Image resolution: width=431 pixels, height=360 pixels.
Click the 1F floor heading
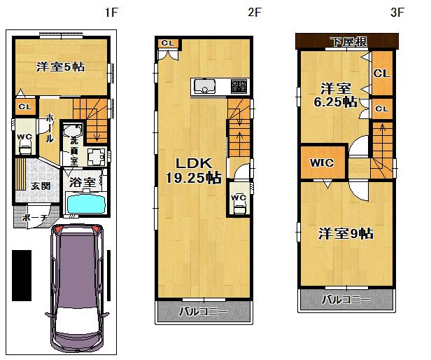click(x=110, y=12)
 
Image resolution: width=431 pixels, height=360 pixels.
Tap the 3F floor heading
click(x=397, y=12)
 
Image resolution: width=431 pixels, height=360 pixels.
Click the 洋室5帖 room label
click(x=61, y=67)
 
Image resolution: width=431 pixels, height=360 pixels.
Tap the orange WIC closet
click(x=322, y=163)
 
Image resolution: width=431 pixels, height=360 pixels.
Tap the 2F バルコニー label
click(x=203, y=311)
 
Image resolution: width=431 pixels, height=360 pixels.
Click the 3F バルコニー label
click(x=346, y=300)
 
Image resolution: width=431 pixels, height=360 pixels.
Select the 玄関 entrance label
click(x=40, y=186)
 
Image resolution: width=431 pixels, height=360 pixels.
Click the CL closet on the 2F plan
click(x=168, y=43)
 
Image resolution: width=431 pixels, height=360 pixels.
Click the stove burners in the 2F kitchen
click(x=238, y=88)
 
